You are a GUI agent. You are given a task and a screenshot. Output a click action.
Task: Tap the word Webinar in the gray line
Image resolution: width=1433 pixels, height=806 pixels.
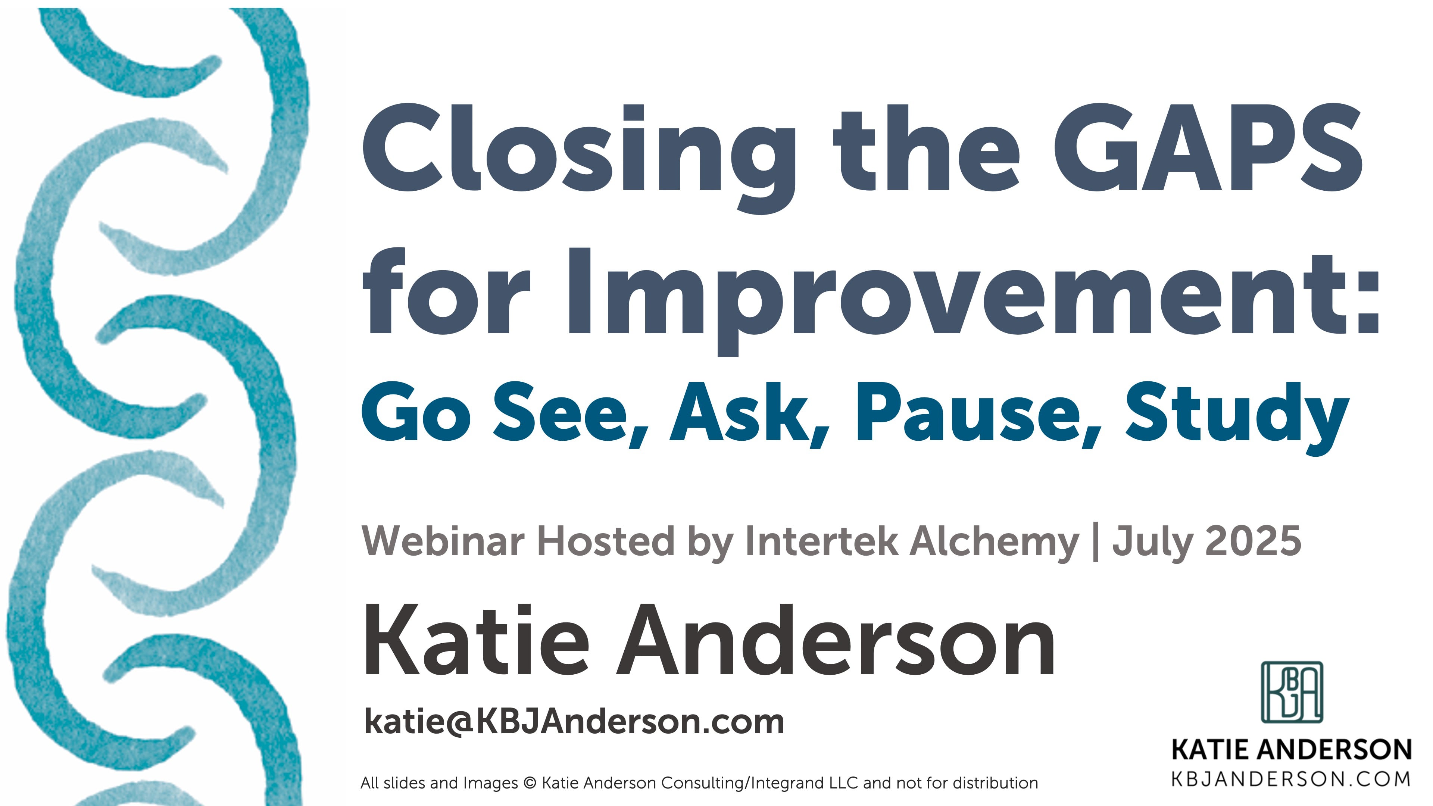pos(442,541)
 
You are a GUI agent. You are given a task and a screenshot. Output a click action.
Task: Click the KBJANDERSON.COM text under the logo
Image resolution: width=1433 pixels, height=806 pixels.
pos(1290,779)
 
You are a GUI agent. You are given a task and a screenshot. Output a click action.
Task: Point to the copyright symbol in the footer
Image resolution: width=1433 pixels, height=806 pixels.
pos(530,783)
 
